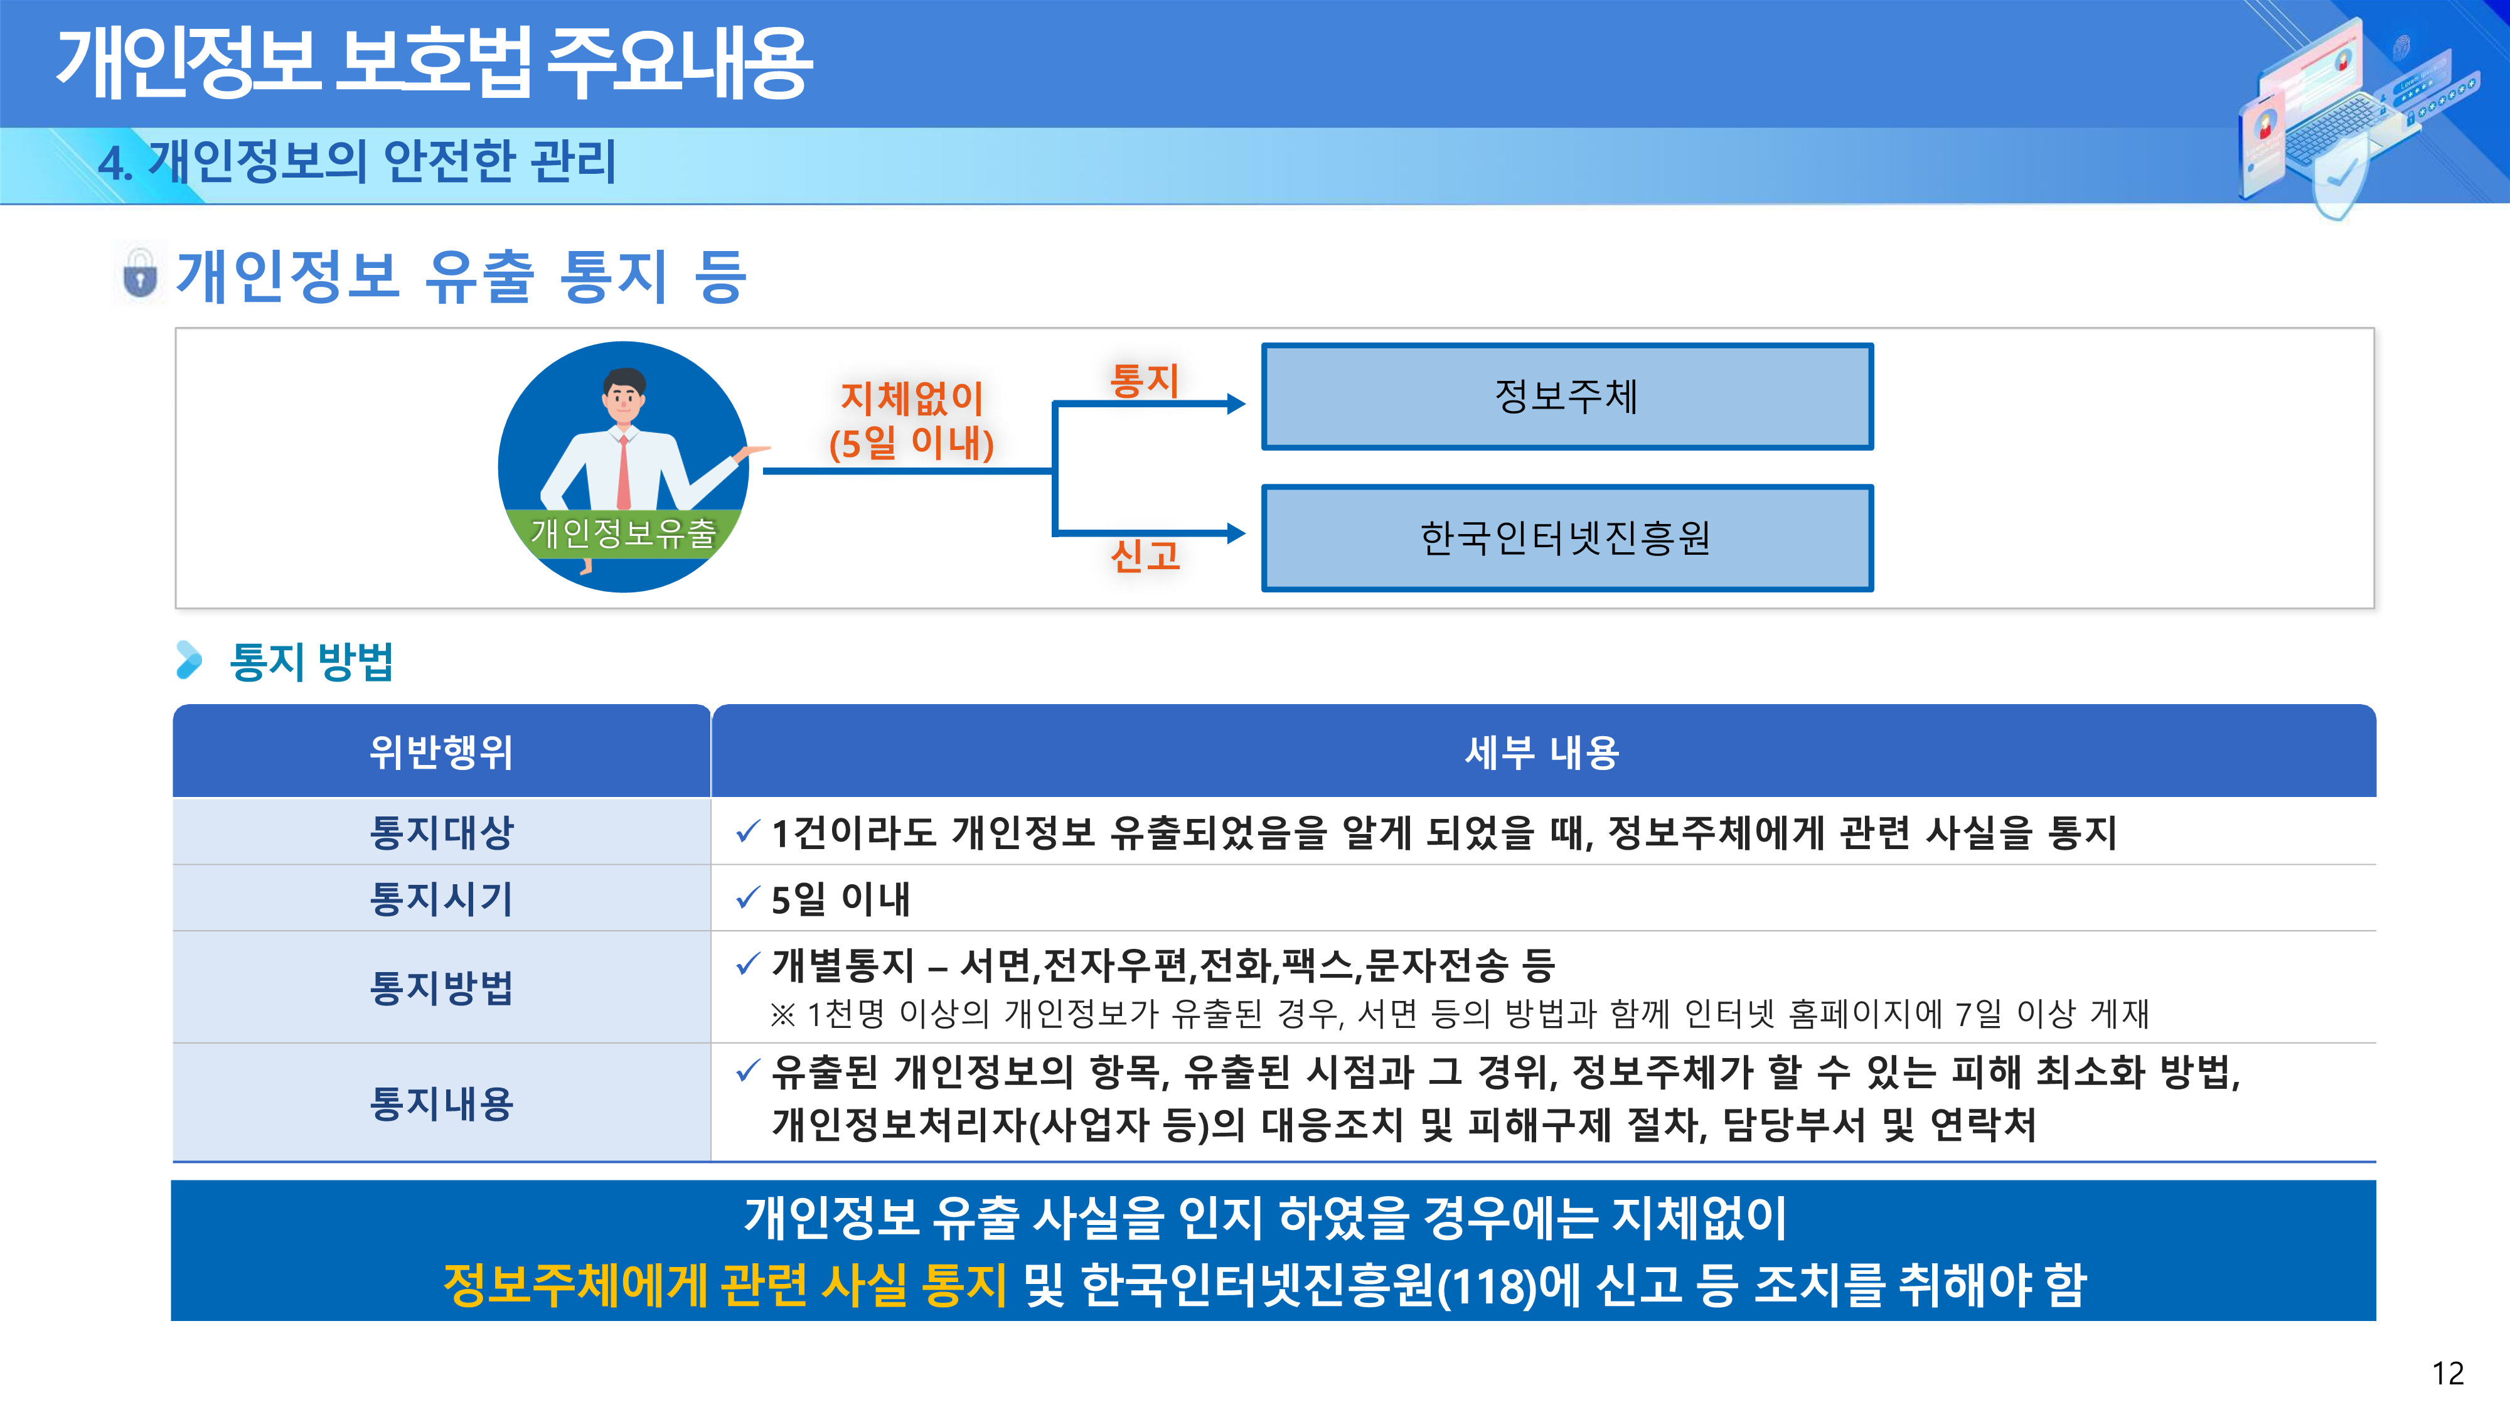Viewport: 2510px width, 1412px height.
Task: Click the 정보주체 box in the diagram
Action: click(1567, 397)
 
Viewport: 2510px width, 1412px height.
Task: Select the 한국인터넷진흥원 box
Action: click(1567, 538)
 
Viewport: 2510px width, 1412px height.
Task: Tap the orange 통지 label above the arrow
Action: click(1145, 380)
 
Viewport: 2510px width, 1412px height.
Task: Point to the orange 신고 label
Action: click(1146, 555)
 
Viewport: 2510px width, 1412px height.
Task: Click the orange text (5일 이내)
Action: click(911, 444)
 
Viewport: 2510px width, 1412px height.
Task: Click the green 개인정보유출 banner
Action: click(624, 533)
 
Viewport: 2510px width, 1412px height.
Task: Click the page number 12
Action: click(2448, 1373)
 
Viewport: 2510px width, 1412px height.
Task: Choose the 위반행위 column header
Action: click(441, 751)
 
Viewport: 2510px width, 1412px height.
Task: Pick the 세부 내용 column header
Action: click(1542, 751)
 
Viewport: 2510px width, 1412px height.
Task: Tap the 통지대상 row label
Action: click(441, 832)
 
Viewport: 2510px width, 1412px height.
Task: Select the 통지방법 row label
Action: click(441, 987)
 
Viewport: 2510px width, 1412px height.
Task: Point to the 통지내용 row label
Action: click(441, 1103)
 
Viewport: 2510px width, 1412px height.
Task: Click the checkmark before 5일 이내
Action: click(747, 897)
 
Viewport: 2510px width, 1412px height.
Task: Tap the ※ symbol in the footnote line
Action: click(782, 1014)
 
